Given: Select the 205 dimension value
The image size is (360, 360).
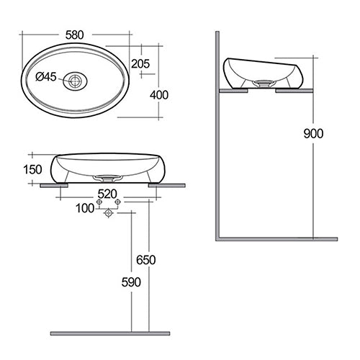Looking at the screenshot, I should [x=141, y=64].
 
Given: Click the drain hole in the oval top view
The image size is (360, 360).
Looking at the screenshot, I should [x=73, y=81].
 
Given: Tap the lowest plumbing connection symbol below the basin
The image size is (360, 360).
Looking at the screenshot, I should [x=109, y=215].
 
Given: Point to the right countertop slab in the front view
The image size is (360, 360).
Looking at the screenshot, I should [x=161, y=185].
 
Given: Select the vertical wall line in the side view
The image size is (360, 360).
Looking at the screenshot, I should [x=217, y=137].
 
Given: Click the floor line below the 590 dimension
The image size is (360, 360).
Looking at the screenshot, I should [x=109, y=333].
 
